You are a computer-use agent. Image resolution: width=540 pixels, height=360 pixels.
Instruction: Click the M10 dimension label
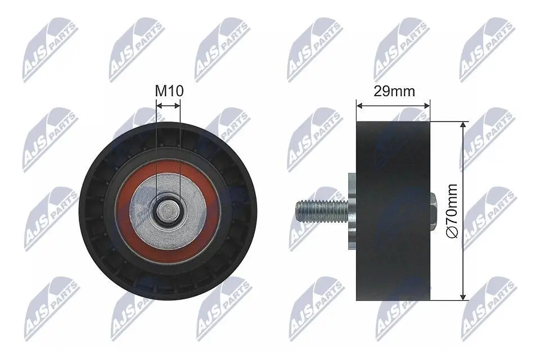(169, 91)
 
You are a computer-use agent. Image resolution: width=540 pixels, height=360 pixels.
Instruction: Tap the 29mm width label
(394, 91)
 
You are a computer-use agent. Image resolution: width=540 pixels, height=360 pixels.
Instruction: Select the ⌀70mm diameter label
(452, 210)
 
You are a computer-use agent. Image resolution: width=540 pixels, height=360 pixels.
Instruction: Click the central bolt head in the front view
(168, 211)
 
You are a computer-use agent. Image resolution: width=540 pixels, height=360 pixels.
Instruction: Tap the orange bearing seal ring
(168, 211)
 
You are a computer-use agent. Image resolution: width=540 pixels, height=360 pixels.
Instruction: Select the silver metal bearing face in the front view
(168, 211)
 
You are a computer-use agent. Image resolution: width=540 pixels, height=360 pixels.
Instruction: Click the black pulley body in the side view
(393, 211)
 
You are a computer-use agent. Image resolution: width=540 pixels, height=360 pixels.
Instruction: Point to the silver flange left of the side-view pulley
(352, 211)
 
